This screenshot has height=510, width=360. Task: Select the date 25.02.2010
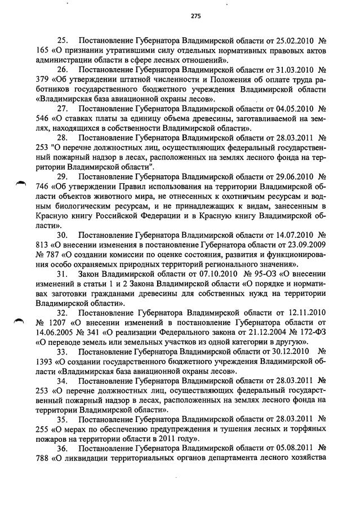pos(298,41)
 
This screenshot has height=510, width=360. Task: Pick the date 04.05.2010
pos(298,108)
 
